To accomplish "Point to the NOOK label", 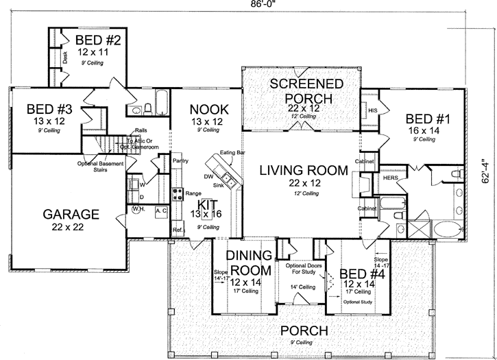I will coord(209,109).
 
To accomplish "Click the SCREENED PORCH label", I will coord(301,91).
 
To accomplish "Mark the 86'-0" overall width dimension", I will coord(260,5).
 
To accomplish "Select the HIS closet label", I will coord(373,110).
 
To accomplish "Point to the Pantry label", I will coord(181,160).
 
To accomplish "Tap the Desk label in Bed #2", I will coord(65,60).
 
